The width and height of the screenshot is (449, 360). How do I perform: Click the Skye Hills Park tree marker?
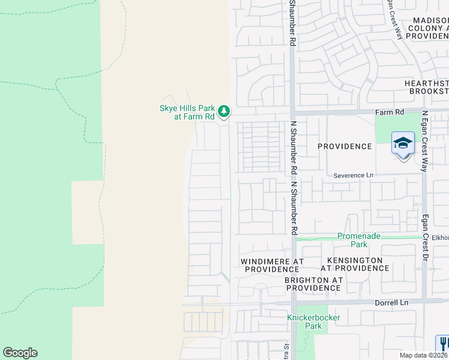[x=223, y=111]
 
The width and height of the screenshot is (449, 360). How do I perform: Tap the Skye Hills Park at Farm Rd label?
[x=186, y=112]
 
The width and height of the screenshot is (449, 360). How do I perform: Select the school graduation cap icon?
[x=403, y=143]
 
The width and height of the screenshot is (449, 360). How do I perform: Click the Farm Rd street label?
[x=390, y=112]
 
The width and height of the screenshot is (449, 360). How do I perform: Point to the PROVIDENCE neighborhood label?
[x=345, y=146]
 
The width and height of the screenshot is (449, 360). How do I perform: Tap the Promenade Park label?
[x=359, y=240]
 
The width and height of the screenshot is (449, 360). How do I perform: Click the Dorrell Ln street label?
[x=392, y=303]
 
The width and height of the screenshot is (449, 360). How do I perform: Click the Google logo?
[x=20, y=353]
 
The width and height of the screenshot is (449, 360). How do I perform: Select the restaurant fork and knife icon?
[x=443, y=344]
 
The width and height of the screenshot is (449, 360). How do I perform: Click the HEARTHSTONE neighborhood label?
[x=426, y=87]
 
